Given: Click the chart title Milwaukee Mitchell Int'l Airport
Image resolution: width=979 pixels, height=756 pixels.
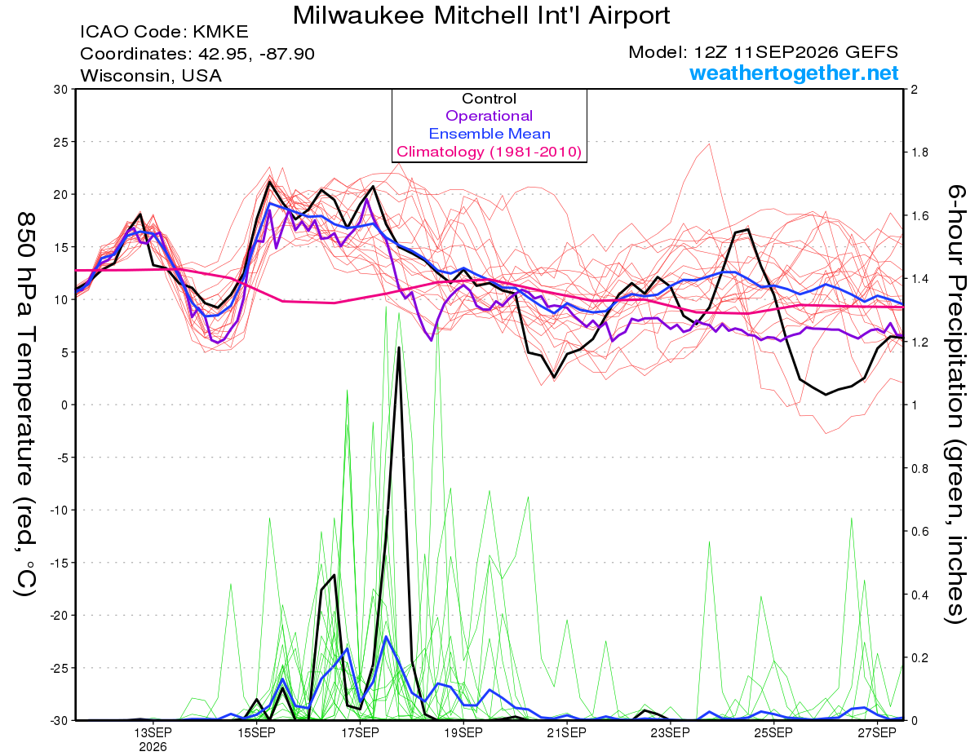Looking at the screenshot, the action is [x=481, y=15].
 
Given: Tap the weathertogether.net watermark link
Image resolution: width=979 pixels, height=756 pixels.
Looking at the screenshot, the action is [x=794, y=73].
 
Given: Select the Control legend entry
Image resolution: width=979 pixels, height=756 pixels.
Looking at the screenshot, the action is [x=489, y=99].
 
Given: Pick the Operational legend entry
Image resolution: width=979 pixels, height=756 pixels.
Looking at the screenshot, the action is [x=489, y=116].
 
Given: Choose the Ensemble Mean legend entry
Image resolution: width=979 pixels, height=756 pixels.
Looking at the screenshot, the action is [x=489, y=134].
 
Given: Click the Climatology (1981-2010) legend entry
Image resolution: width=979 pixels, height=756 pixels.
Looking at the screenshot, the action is [x=489, y=152].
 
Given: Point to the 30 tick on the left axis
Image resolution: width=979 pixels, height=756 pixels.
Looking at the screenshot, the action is [x=61, y=90].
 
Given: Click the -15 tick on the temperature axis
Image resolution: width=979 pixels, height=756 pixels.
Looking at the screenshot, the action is [x=59, y=563].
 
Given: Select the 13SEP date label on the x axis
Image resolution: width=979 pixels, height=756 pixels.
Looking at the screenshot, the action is [x=153, y=732].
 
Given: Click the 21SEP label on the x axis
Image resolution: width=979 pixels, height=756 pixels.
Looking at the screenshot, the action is [x=567, y=732].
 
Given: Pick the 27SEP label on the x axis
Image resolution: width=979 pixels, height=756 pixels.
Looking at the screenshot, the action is [x=877, y=732].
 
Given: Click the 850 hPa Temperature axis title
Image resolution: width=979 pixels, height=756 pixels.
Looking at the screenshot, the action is [x=26, y=405].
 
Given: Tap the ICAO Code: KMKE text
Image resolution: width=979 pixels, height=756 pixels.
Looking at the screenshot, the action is [x=165, y=32].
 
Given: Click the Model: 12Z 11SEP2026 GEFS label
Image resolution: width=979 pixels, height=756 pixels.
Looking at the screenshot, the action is [x=763, y=52].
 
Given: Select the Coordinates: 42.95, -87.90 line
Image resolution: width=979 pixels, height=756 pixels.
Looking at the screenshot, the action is [x=197, y=54].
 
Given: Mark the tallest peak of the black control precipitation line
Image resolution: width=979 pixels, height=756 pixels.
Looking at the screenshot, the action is [x=399, y=347].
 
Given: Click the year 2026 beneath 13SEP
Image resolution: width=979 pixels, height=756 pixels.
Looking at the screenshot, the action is [x=153, y=748].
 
